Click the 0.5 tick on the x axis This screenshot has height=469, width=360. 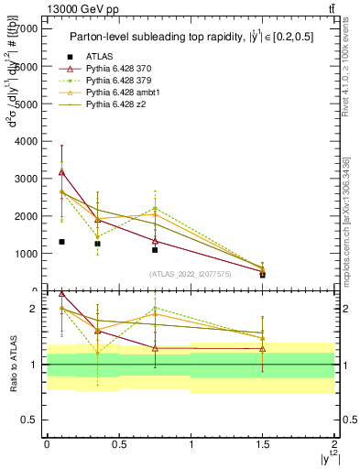click(x=118, y=442)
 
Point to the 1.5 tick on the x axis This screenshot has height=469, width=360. click(x=263, y=442)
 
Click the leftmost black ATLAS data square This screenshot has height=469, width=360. click(x=61, y=242)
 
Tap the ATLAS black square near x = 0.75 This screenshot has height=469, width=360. click(x=155, y=250)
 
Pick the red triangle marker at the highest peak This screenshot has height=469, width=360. click(x=61, y=171)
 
